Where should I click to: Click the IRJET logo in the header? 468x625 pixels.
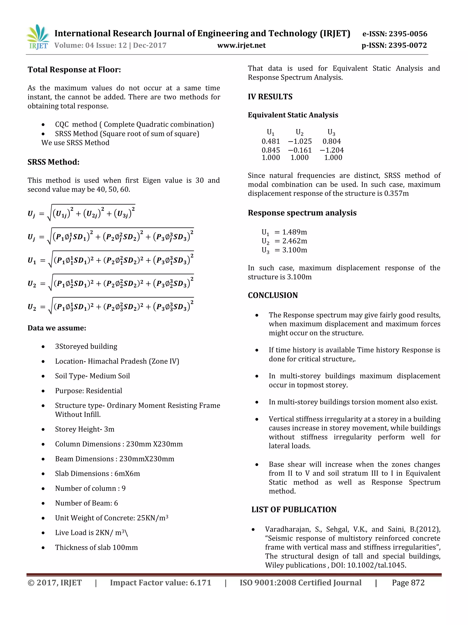(37, 37)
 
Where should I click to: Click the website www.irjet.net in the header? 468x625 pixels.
(241, 45)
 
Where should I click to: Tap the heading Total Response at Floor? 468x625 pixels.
(74, 69)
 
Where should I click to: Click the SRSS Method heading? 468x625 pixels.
(53, 162)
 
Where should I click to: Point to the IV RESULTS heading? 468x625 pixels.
(270, 97)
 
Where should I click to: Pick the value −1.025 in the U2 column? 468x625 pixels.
(300, 141)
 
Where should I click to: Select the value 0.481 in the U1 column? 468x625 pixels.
(271, 141)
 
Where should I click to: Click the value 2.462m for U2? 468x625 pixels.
(295, 241)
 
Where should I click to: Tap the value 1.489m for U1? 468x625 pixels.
(295, 232)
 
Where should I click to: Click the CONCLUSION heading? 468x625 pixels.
(273, 295)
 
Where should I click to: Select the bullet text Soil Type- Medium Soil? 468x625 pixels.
(92, 376)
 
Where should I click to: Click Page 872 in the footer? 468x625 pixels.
(408, 583)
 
